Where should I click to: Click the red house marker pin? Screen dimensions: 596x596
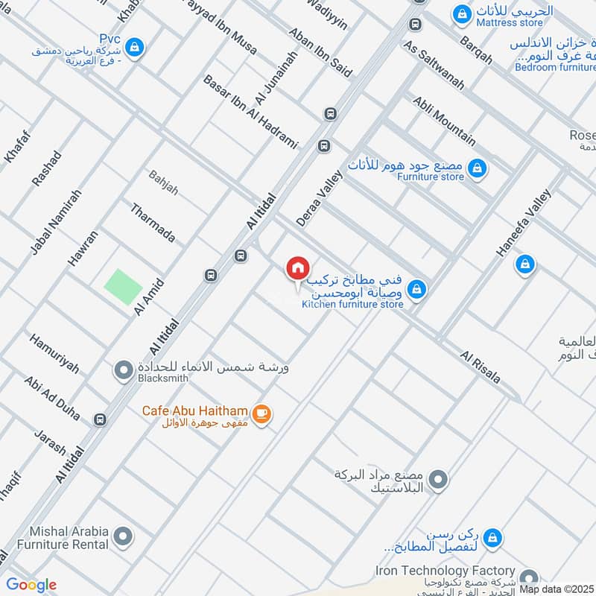coord(297,269)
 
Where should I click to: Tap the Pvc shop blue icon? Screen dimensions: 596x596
coord(134,48)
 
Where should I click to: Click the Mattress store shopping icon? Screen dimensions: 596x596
coord(463,14)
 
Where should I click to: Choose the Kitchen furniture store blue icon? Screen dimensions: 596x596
coord(417,287)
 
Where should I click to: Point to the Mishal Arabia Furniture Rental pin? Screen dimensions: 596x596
coord(124,536)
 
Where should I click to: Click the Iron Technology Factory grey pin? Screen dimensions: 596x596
coord(528,578)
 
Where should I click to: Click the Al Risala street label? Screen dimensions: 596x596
coord(481,367)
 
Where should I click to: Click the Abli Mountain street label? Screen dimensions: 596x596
coord(443,121)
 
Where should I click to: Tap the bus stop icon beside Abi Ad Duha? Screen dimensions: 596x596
coord(101,420)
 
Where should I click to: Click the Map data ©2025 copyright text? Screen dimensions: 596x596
coord(555,589)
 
